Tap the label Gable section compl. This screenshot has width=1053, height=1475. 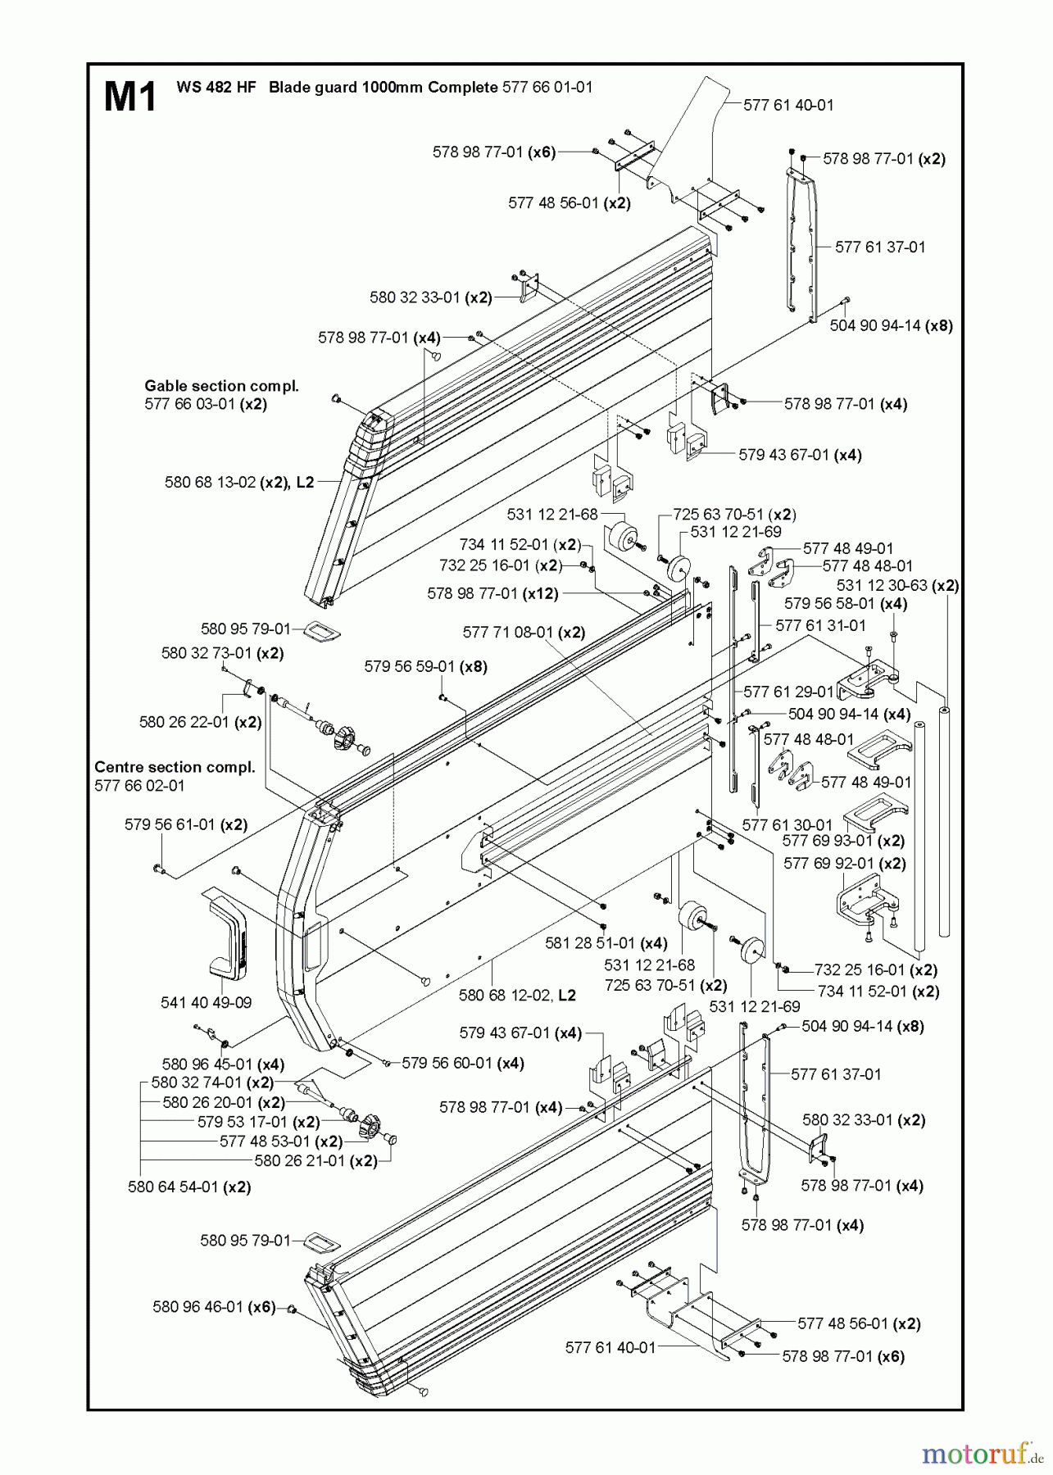coord(221,385)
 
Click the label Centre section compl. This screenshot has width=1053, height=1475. coord(175,767)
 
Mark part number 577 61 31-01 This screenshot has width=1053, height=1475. coord(820,625)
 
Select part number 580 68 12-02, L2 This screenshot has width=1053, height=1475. coord(517,995)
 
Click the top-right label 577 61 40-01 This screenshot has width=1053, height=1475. coord(788,105)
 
